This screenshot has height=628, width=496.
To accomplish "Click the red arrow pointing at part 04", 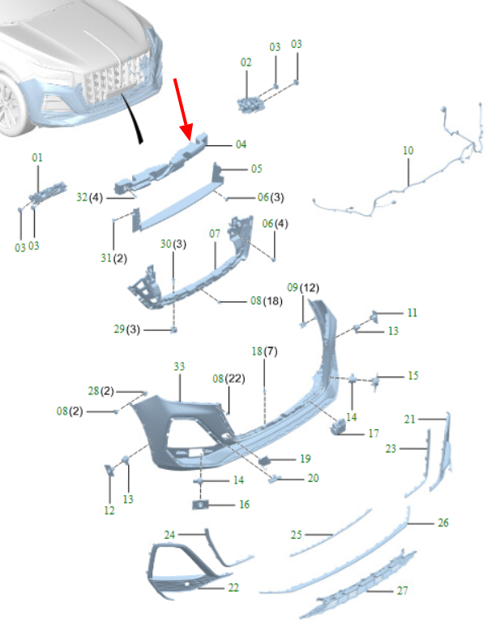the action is pyautogui.click(x=184, y=110).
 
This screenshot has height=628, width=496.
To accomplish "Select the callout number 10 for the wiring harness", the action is pyautogui.click(x=408, y=151).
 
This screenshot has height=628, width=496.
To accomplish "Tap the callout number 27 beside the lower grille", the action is pyautogui.click(x=403, y=591).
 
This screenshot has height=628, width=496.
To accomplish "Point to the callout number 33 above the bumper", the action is pyautogui.click(x=179, y=367).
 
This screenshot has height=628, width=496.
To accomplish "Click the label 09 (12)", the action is pyautogui.click(x=303, y=287).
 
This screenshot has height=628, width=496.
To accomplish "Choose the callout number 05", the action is pyautogui.click(x=256, y=169).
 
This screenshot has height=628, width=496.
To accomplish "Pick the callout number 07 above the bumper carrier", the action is pyautogui.click(x=215, y=234).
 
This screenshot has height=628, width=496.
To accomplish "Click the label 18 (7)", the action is pyautogui.click(x=264, y=351).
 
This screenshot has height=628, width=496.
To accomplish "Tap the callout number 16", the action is pyautogui.click(x=245, y=504).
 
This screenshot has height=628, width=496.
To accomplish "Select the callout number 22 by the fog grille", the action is pyautogui.click(x=233, y=587).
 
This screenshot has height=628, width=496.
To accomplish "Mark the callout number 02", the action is pyautogui.click(x=246, y=62).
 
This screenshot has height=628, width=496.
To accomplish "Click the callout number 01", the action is pyautogui.click(x=37, y=157).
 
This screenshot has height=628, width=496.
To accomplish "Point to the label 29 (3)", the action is pyautogui.click(x=126, y=329).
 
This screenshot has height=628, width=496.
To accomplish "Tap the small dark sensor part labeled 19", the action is pyautogui.click(x=265, y=461).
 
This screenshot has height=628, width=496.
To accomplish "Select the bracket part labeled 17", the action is pyautogui.click(x=338, y=427).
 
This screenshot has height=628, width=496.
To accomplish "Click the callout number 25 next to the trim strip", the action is pyautogui.click(x=296, y=535).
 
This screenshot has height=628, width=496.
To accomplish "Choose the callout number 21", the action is pyautogui.click(x=409, y=419).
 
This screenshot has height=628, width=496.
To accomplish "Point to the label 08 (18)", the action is pyautogui.click(x=267, y=301).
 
